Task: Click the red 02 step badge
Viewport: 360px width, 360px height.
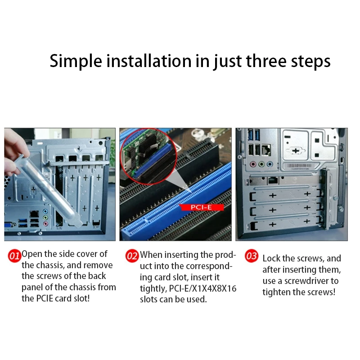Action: tap(132, 256)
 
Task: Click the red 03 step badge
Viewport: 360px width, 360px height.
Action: tap(252, 256)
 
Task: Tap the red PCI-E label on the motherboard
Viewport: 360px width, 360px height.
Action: tap(201, 207)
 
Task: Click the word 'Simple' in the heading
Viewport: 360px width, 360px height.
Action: tap(76, 61)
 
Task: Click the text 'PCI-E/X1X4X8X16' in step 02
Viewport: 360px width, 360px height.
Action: tap(202, 288)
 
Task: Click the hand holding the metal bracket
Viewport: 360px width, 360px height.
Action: tap(15, 152)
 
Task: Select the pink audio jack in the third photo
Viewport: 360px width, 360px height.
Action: tap(253, 164)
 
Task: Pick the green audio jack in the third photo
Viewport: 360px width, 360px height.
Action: tap(261, 164)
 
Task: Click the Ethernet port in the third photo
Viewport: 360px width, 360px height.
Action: tap(266, 150)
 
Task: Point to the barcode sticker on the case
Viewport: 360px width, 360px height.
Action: tap(299, 166)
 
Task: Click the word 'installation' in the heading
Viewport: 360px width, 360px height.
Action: tap(149, 61)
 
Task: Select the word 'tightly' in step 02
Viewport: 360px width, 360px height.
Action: tap(153, 289)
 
